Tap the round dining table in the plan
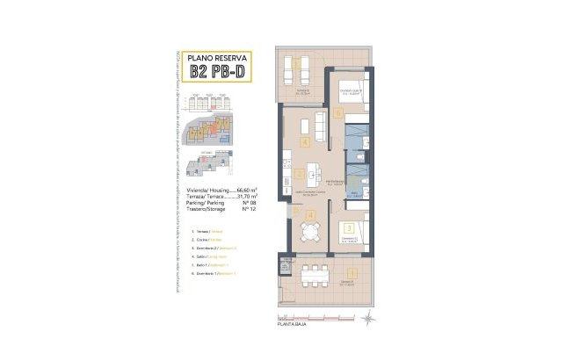pos(312,231)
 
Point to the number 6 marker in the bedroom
pos(339,112)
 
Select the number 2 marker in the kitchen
pos(300,174)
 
